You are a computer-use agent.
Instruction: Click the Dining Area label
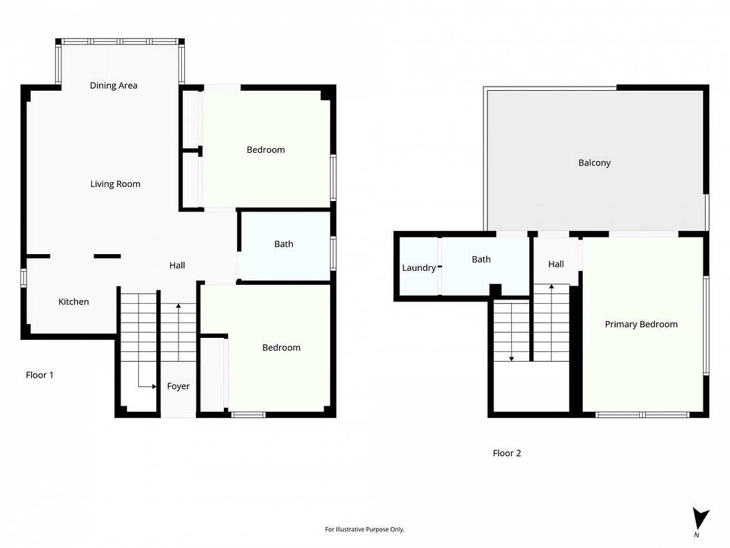click(x=114, y=85)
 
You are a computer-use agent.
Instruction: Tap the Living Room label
click(x=116, y=184)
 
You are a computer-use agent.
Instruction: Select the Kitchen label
click(x=74, y=302)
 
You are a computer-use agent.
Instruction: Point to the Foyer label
click(x=178, y=386)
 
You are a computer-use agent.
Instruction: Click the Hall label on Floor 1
click(x=177, y=265)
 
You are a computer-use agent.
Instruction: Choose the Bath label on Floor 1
click(x=284, y=244)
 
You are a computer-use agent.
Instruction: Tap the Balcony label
click(x=595, y=163)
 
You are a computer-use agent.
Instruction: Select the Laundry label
click(x=419, y=268)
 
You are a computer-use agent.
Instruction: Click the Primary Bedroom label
click(x=641, y=325)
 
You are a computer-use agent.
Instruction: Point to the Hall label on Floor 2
click(x=556, y=264)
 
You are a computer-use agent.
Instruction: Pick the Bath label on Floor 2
click(x=481, y=259)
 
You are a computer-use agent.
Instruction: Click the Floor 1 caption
click(x=40, y=375)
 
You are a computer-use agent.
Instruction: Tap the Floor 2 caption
click(x=507, y=453)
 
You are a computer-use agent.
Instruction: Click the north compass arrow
click(x=699, y=519)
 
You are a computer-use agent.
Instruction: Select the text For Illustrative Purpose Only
click(x=365, y=529)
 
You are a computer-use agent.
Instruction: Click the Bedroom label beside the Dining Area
click(x=266, y=149)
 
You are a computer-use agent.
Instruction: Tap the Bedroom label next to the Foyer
click(x=281, y=348)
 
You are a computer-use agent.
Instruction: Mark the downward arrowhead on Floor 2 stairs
click(x=512, y=359)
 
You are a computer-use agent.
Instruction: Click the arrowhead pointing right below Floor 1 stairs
click(x=154, y=386)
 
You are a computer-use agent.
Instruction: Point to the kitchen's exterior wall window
click(x=23, y=277)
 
